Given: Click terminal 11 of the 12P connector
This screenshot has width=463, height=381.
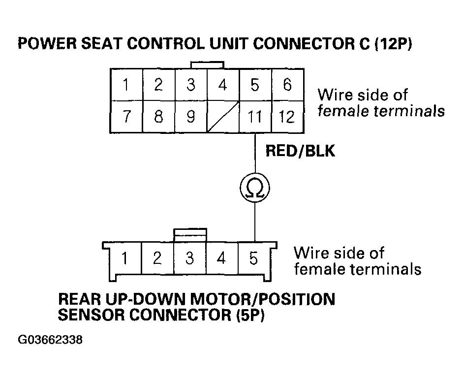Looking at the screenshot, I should tap(254, 117).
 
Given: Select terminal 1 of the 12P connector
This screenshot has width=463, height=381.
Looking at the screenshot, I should tap(126, 86).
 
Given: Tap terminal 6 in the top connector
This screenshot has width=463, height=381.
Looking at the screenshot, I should tap(287, 86).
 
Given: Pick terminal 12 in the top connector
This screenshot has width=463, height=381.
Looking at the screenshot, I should tap(287, 117).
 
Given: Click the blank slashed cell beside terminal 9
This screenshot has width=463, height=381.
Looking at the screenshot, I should tap(222, 117).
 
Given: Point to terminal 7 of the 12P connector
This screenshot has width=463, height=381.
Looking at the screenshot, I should tap(126, 117).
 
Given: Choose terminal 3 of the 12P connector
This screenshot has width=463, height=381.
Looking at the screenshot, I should tap(190, 86).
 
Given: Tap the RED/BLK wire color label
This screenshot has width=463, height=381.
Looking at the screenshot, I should tap(300, 151).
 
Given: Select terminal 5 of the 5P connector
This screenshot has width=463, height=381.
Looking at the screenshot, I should tap(254, 258).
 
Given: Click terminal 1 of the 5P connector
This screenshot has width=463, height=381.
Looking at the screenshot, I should tap(125, 258).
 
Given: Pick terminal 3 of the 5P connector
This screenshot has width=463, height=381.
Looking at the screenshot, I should tap(190, 258).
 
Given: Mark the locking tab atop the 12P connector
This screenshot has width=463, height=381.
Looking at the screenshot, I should tap(207, 65).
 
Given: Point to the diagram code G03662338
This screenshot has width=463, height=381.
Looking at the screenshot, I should tap(50, 340).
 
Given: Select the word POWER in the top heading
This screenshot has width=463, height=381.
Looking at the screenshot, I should tap(43, 45).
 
